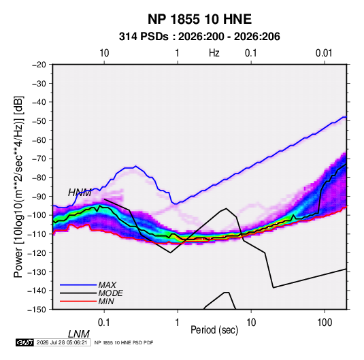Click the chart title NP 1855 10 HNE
[x=199, y=19]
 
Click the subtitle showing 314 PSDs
[x=199, y=37]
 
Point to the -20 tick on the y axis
[x=39, y=65]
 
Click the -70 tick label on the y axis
[x=39, y=159]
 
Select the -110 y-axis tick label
[x=37, y=234]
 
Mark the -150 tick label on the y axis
[x=37, y=310]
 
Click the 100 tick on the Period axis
[x=325, y=323]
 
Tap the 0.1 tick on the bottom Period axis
[x=104, y=323]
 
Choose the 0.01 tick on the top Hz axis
[x=324, y=53]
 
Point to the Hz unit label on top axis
[x=214, y=53]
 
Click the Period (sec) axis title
[x=214, y=330]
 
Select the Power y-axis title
[x=18, y=186]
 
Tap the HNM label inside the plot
[x=80, y=193]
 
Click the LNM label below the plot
[x=79, y=334]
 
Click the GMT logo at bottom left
[x=24, y=342]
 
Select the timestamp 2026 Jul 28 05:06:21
[x=62, y=342]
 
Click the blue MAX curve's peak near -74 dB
[x=135, y=166]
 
